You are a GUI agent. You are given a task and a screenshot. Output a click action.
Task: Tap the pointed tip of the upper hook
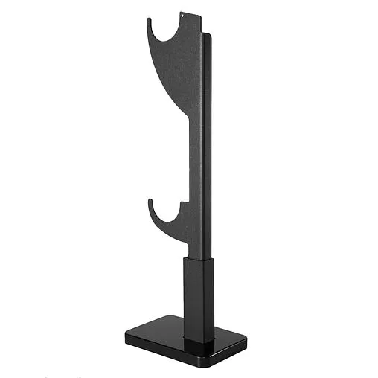(x=149, y=20)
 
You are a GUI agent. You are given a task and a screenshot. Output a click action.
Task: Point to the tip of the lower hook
(x=150, y=201)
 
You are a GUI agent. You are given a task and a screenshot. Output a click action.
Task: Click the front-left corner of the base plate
(x=127, y=338)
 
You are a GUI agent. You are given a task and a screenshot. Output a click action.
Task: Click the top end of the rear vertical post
(x=208, y=35)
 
